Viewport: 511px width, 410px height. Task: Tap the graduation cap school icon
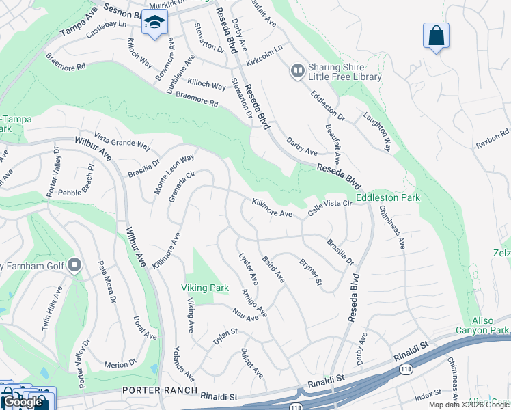pos(154,23)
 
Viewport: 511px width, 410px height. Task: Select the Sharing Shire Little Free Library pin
pos(297,70)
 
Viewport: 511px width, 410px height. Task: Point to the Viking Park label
pos(205,288)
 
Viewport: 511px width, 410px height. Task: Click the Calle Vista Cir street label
pos(329,208)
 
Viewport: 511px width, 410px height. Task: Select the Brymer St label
pos(311,273)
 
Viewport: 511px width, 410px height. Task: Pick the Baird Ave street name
pos(273,269)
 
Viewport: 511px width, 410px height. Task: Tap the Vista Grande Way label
pos(122,141)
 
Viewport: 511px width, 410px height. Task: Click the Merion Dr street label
pos(122,364)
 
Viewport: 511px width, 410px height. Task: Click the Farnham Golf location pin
pos(75,264)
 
